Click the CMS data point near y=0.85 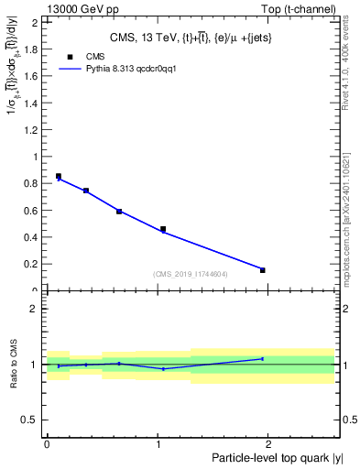click(x=59, y=176)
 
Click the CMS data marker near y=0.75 click(x=86, y=191)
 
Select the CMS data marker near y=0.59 click(x=119, y=212)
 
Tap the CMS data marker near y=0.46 click(x=163, y=229)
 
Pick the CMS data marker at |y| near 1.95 click(x=263, y=270)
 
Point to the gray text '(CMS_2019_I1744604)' click(x=191, y=274)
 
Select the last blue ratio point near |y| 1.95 click(x=263, y=358)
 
